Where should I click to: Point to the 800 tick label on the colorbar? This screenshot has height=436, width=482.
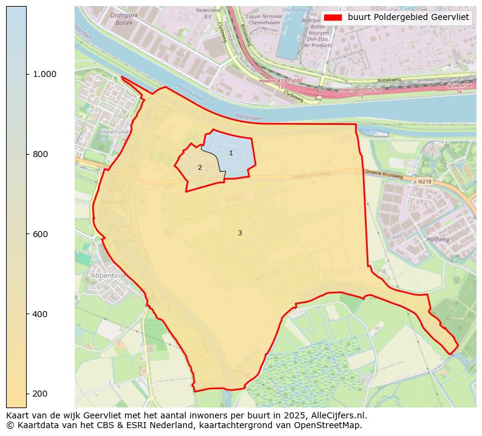40,154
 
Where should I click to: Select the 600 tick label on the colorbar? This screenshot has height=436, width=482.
40,234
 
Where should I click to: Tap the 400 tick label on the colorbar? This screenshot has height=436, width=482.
40,314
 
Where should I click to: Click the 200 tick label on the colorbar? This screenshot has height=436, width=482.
40,394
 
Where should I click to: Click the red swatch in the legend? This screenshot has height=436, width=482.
333,18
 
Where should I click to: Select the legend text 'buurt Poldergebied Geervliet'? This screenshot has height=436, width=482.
409,18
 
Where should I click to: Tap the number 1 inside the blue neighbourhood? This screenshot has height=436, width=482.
231,153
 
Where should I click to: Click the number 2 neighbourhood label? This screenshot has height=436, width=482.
200,168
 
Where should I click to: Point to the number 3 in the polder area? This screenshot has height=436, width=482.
240,233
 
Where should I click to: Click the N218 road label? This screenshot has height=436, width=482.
424,181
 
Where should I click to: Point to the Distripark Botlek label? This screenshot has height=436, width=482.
132,19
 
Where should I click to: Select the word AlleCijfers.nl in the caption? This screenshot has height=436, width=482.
337,416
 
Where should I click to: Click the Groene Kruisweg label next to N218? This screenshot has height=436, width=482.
384,173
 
